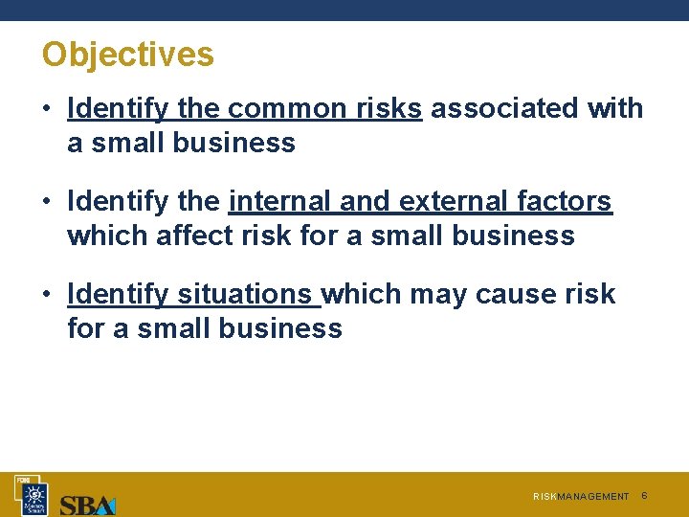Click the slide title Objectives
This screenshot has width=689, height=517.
[127, 54]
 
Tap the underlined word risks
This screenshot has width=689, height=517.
[387, 109]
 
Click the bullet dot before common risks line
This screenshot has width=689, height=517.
[46, 109]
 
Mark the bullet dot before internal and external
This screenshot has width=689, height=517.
[46, 202]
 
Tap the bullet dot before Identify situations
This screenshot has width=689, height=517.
[46, 294]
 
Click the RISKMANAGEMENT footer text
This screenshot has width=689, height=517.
[581, 497]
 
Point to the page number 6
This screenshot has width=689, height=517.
[644, 496]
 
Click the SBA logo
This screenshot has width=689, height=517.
[87, 505]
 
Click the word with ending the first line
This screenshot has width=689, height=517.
[615, 109]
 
